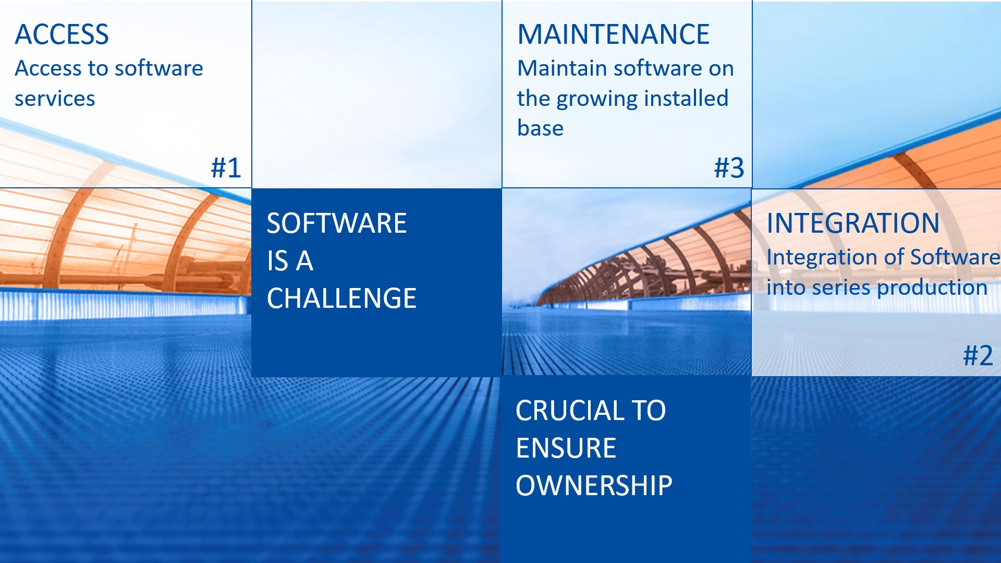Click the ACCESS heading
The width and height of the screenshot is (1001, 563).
click(x=62, y=34)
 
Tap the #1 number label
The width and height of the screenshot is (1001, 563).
click(x=226, y=167)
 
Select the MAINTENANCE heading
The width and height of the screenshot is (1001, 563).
click(x=613, y=34)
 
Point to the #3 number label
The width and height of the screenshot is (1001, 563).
click(x=729, y=167)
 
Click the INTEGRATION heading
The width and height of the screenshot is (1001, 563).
click(x=853, y=223)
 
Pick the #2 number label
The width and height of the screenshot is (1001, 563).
click(x=978, y=356)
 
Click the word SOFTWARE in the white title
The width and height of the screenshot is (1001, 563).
click(x=336, y=223)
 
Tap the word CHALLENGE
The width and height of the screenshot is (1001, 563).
click(x=341, y=298)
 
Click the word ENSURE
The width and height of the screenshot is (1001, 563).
click(x=566, y=448)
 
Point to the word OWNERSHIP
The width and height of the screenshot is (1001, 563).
click(x=594, y=486)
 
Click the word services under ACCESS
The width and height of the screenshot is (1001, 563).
click(x=55, y=99)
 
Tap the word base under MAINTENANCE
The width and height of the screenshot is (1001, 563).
click(x=540, y=128)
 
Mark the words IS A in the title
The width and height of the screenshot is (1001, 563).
click(x=290, y=261)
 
